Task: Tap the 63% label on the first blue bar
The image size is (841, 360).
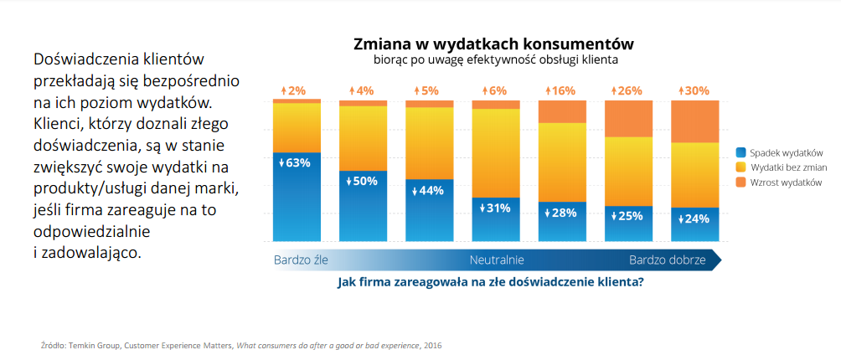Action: [x=297, y=162]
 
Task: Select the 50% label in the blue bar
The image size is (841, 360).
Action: [x=363, y=181]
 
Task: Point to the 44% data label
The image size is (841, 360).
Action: [x=430, y=190]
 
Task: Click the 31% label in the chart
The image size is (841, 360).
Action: [x=497, y=208]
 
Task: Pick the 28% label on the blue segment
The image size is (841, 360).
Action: [x=563, y=213]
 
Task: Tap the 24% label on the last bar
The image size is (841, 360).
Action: [x=695, y=219]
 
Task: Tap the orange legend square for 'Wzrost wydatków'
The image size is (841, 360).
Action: [x=740, y=182]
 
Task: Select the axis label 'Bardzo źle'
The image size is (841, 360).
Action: [x=301, y=260]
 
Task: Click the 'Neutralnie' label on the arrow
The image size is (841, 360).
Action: [x=497, y=260]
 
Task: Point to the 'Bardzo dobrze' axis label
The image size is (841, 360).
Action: [x=667, y=260]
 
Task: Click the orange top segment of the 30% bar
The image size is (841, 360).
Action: [x=695, y=121]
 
